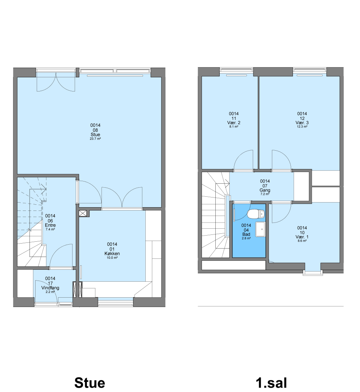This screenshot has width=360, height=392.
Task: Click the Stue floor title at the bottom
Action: pos(90,383)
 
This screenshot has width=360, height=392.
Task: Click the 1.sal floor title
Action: pos(271,383)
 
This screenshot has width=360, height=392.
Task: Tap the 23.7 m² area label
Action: pos(95,139)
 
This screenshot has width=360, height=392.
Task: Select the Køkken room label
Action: pos(112,253)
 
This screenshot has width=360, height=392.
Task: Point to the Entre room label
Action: pos(50,225)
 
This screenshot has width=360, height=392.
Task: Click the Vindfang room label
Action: pos(50,288)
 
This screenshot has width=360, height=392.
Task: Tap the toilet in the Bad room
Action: pos(256,214)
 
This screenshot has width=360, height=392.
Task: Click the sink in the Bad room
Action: pos(260,229)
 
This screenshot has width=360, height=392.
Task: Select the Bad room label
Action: pos(246,234)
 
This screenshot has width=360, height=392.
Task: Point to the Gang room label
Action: pos(265,190)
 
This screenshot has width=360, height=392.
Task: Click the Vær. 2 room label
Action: pos(234,123)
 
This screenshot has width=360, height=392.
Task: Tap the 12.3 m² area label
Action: pos(302,127)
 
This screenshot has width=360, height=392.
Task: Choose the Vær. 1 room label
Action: pos(302,237)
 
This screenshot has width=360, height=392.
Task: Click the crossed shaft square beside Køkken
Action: pos(83,213)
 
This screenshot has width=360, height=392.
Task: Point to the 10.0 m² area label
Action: pos(112,258)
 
